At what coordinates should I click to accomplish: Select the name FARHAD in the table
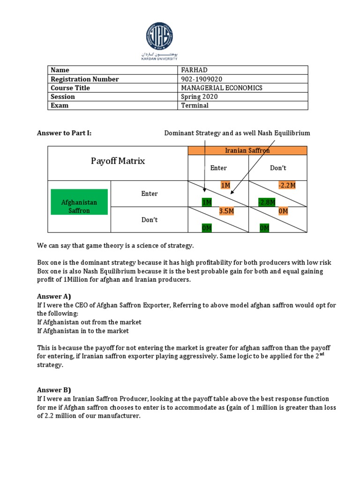click(x=194, y=70)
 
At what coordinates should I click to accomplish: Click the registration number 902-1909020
click(x=202, y=79)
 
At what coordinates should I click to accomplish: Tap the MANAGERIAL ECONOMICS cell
click(x=222, y=88)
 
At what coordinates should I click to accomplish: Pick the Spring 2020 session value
click(x=199, y=97)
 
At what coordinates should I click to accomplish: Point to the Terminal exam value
click(x=195, y=105)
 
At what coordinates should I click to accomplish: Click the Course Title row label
click(x=70, y=88)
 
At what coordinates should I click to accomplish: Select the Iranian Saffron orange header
click(x=247, y=150)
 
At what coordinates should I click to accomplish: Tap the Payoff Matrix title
click(x=118, y=161)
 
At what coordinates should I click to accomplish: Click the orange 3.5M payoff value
click(x=226, y=211)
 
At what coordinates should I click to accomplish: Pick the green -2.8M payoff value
click(x=267, y=202)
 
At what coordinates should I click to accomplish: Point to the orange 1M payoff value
click(x=225, y=186)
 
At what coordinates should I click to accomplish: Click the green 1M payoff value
click(x=207, y=202)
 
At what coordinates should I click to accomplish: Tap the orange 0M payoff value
click(x=283, y=211)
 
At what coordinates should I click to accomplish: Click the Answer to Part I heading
click(x=64, y=133)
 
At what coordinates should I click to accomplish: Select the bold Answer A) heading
click(x=53, y=297)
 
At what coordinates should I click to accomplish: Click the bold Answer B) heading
click(x=53, y=390)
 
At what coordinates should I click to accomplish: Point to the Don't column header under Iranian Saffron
click(x=278, y=168)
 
